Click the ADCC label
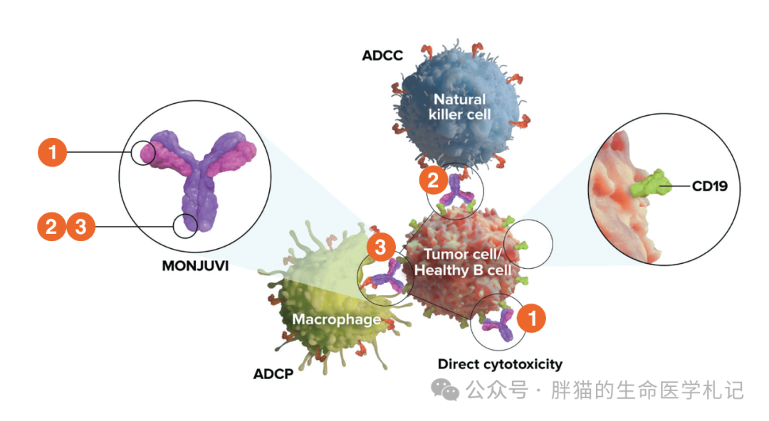[382, 55]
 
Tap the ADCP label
[273, 374]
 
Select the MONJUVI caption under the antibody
[195, 266]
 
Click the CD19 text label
[709, 186]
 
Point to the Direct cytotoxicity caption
[500, 365]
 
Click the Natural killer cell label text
[459, 107]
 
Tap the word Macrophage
[336, 319]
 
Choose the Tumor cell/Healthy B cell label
[463, 262]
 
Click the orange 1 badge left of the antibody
[53, 152]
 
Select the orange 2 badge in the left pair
[51, 227]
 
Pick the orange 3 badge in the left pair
[81, 227]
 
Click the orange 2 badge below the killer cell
[433, 180]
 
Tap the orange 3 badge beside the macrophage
[380, 247]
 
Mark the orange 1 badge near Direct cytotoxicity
[532, 318]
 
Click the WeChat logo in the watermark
[444, 390]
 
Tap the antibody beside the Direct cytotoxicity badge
[497, 324]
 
